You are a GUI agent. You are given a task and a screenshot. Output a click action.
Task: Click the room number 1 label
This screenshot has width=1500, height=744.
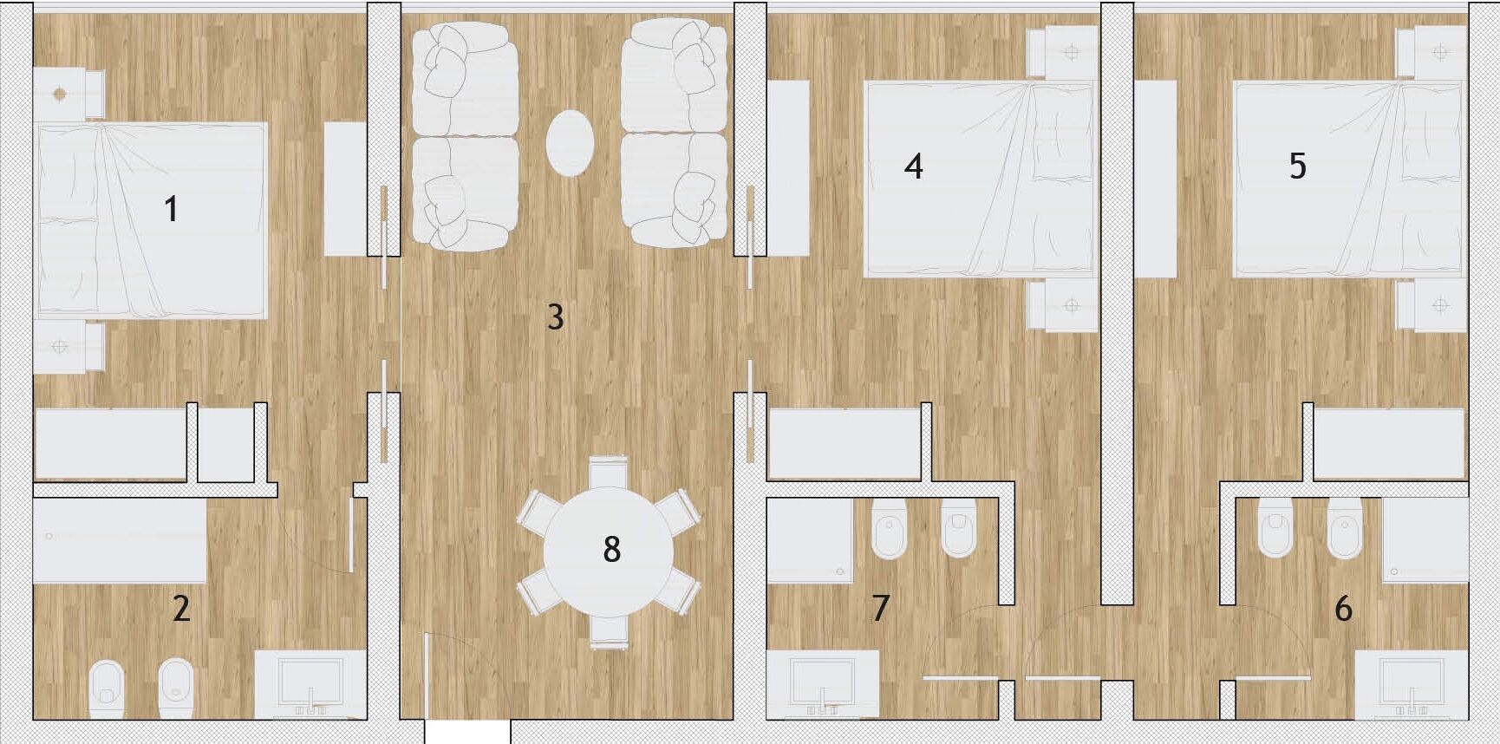[x=172, y=209]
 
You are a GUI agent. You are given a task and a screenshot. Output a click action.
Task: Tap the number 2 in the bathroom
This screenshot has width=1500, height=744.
[x=181, y=608]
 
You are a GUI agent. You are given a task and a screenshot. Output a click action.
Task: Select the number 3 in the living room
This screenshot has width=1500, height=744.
[x=556, y=317]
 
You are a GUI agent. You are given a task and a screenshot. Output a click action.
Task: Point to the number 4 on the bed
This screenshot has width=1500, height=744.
[x=914, y=166]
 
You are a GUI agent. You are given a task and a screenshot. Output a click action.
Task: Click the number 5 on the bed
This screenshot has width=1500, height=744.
[x=1298, y=166]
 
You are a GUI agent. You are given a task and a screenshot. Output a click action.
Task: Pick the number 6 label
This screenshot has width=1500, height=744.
[x=1344, y=608]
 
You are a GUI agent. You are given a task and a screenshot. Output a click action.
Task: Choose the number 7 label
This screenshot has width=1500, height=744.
[x=881, y=608]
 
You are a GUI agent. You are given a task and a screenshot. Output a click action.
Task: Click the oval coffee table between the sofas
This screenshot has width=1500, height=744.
[x=571, y=143]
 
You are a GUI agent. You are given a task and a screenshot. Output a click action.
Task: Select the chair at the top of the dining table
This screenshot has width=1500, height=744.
[x=609, y=473]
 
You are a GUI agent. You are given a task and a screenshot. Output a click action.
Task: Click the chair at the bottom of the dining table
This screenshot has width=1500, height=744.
[x=609, y=630]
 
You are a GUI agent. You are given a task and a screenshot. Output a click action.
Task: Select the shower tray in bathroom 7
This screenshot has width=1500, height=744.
[x=810, y=540]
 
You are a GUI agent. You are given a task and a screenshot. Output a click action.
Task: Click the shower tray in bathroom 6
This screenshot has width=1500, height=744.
[x=1425, y=540]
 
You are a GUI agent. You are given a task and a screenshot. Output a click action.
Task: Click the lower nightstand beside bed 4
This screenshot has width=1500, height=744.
[x=1063, y=305]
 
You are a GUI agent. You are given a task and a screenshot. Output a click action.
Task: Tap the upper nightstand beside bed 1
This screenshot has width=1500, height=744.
[x=68, y=94]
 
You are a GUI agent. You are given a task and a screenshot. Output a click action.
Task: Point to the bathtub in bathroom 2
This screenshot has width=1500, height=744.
[x=120, y=540]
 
